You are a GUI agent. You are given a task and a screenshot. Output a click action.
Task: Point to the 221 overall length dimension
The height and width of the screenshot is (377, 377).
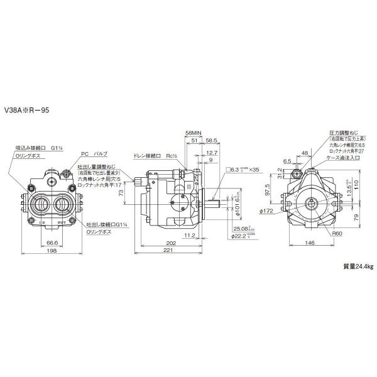168,250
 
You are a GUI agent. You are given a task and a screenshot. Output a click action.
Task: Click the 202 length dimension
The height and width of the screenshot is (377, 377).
162,242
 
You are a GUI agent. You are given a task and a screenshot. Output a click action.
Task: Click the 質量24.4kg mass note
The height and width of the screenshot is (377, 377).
358,267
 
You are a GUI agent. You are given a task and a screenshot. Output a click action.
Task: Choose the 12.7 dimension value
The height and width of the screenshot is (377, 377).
212,153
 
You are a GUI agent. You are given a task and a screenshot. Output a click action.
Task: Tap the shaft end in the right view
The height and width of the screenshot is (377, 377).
312,202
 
